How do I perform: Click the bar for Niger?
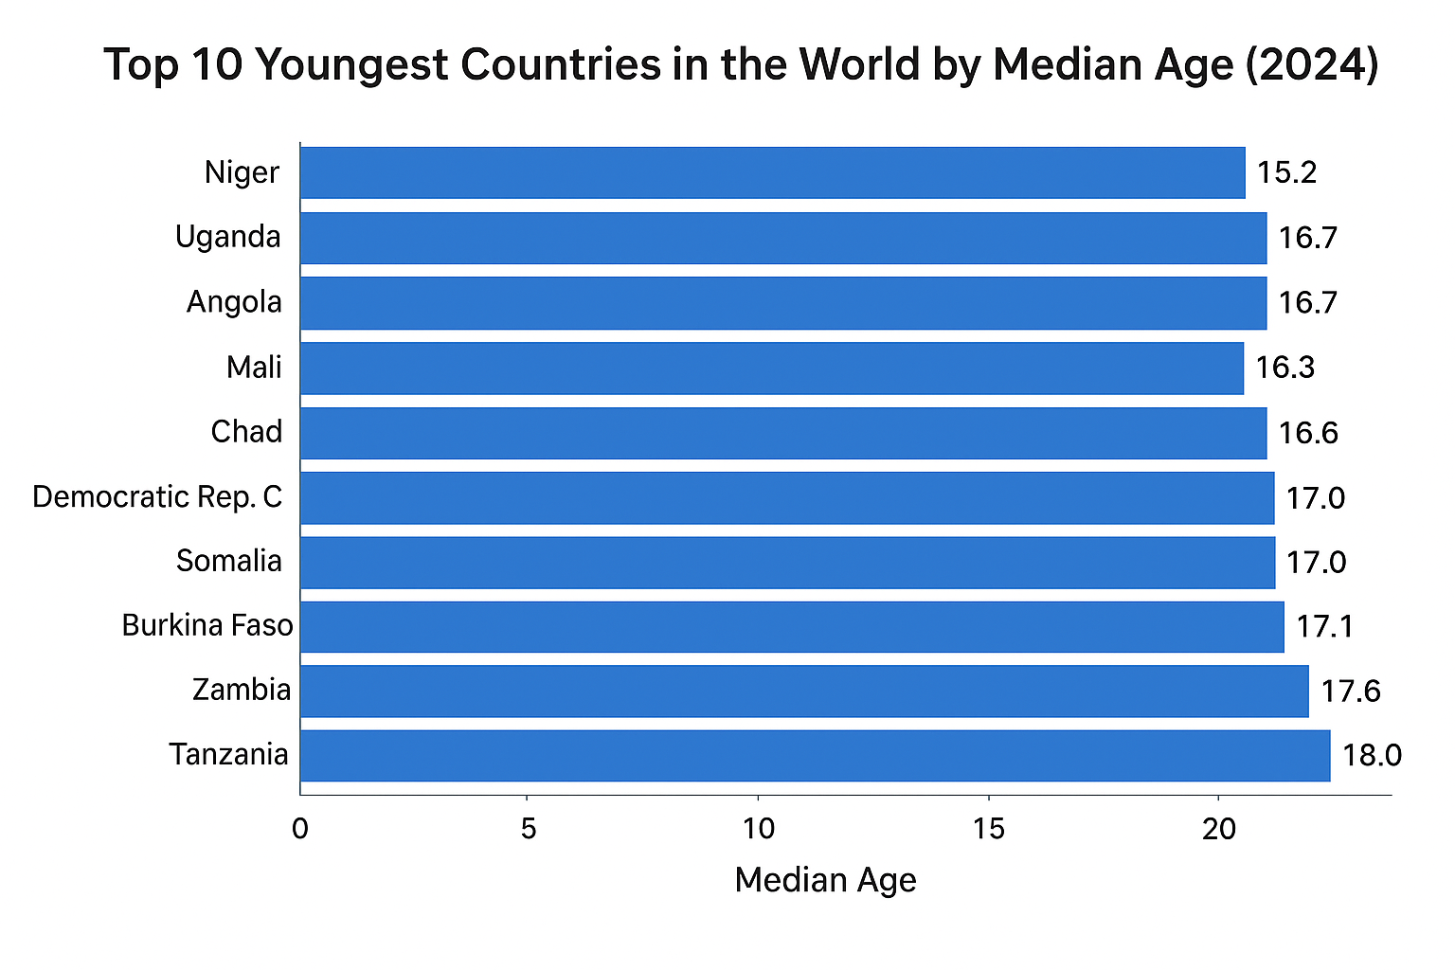point(772,172)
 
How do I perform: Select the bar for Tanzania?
point(815,755)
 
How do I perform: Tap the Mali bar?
point(772,368)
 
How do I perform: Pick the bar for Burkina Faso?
point(792,626)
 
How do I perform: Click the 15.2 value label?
point(1286,172)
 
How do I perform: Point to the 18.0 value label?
point(1371,755)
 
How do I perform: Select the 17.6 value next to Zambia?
point(1350,692)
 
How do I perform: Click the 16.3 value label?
point(1284,368)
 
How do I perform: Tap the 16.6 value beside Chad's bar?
point(1307,433)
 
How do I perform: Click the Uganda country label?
point(228,237)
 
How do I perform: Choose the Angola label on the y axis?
point(234,302)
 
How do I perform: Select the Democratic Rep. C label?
point(157,496)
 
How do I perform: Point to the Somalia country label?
point(229,561)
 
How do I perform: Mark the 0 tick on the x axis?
point(300,830)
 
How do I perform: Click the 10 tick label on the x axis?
point(758,830)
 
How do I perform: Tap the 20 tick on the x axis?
point(1218,830)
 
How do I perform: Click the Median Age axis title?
point(825,880)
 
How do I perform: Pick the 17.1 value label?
point(1324,626)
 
